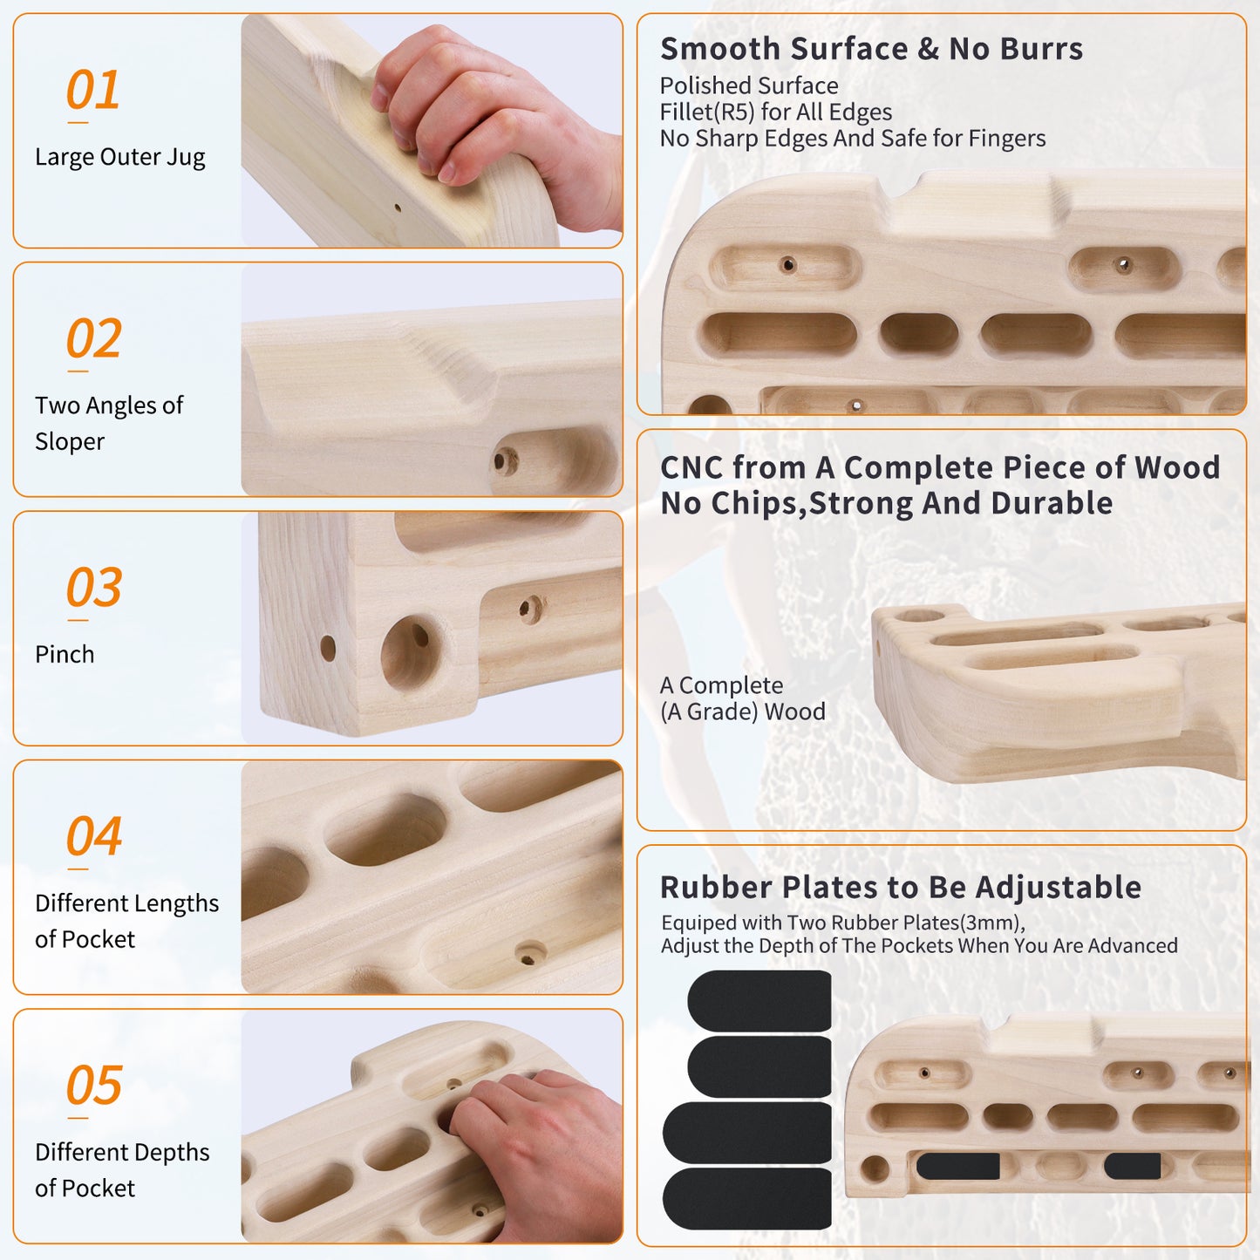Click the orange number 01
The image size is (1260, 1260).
click(x=92, y=90)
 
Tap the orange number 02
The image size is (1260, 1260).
click(x=94, y=338)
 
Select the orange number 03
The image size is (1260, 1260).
click(x=94, y=587)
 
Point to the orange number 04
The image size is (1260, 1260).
click(x=94, y=835)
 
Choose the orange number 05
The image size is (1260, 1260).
click(x=94, y=1085)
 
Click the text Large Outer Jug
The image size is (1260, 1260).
click(x=120, y=158)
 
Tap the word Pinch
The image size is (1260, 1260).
click(x=65, y=655)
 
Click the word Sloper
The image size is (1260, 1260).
click(x=70, y=442)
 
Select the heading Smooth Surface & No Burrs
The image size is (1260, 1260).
click(x=872, y=49)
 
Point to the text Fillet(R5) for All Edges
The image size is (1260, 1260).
click(x=775, y=112)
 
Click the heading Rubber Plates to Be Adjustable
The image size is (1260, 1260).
click(x=901, y=888)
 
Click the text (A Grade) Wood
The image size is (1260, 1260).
click(x=743, y=712)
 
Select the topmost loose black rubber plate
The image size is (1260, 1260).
click(x=759, y=1001)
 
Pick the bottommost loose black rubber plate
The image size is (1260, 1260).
click(x=746, y=1199)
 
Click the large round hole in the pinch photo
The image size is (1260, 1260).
click(x=411, y=653)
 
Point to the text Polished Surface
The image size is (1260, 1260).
click(x=749, y=86)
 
